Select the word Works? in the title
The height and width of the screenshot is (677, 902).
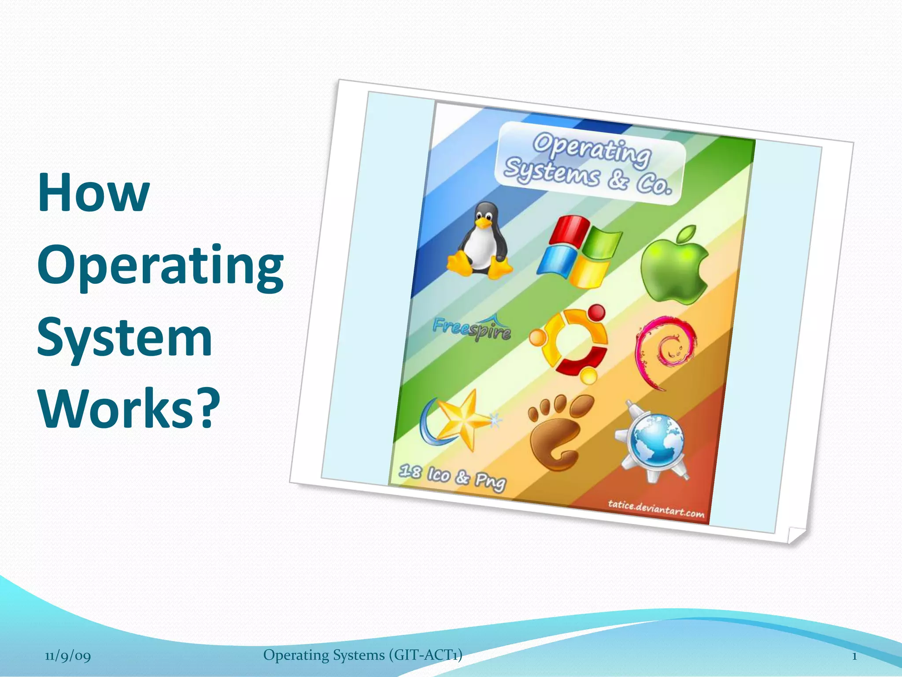[x=129, y=408]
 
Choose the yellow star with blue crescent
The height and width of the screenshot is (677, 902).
[x=458, y=421]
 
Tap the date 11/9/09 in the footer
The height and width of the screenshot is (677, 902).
[x=68, y=656]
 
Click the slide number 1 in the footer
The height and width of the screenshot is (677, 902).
[x=854, y=656]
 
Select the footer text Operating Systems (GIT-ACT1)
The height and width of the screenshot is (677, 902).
[x=362, y=655]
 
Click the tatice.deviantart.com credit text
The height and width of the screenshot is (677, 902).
[x=656, y=509]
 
